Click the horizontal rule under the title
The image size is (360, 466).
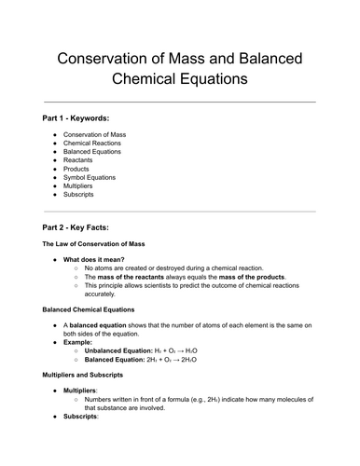pos(180,101)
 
